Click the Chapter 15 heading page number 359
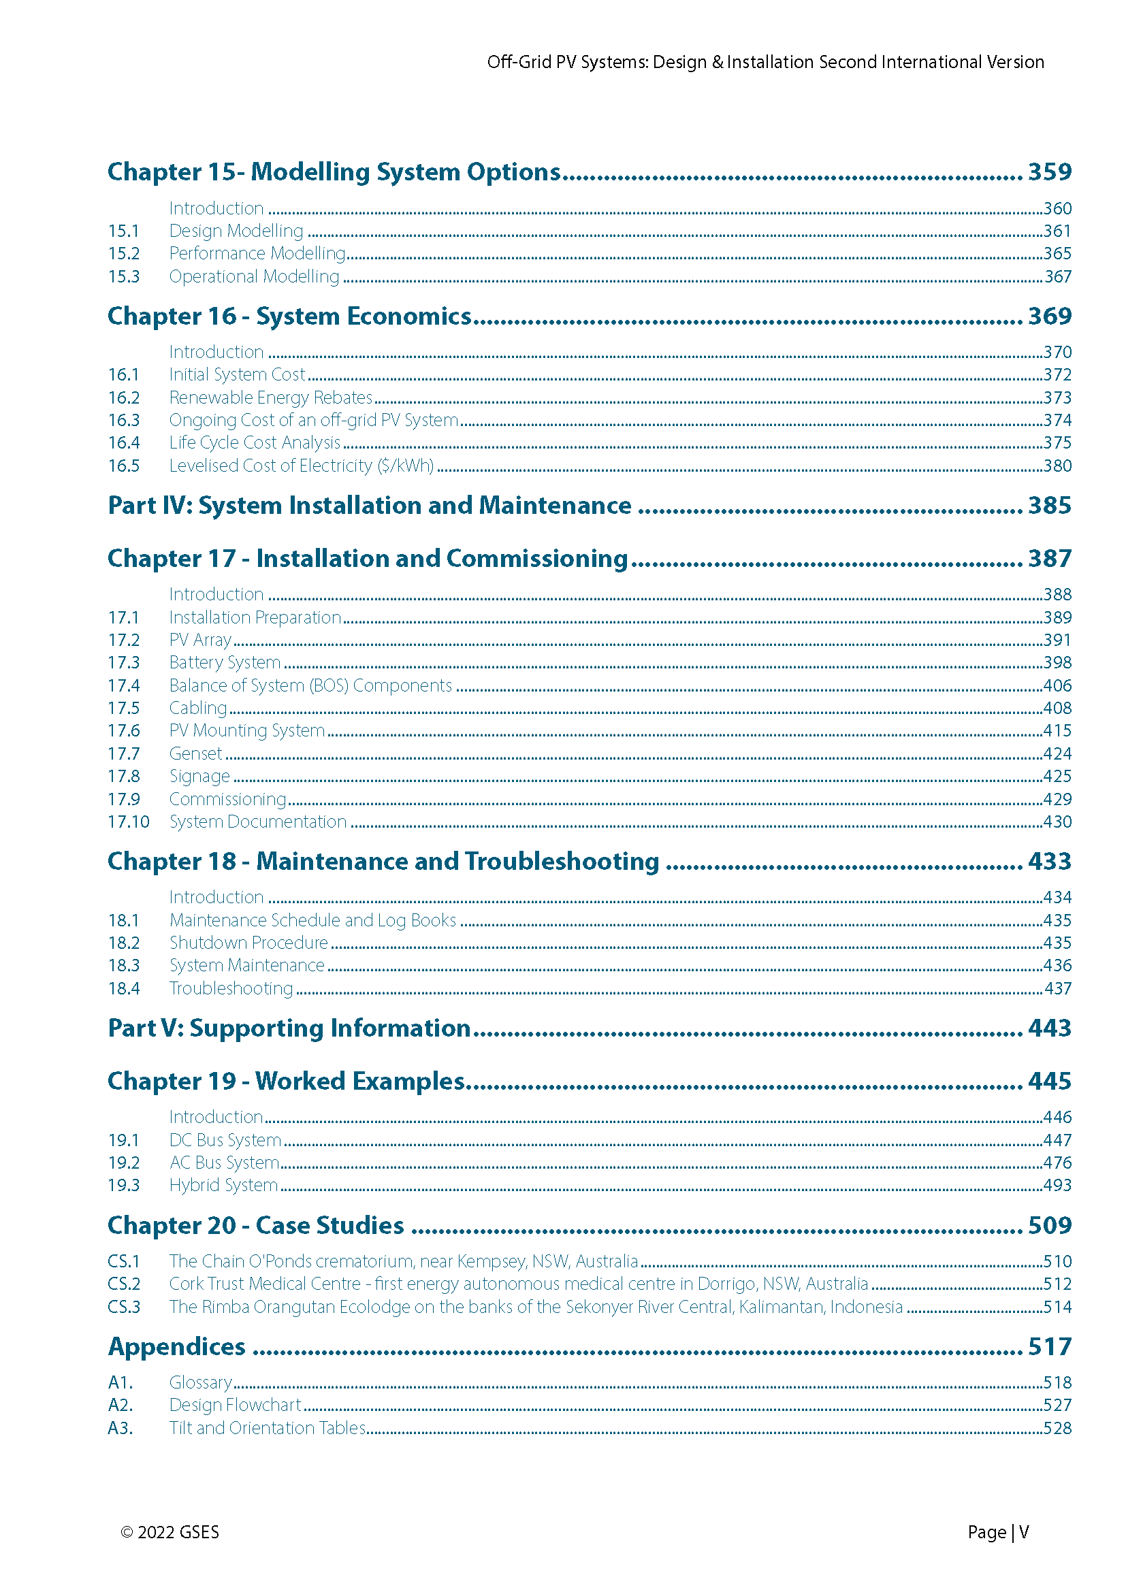click(x=1049, y=172)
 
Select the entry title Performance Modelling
click(x=257, y=254)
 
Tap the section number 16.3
click(x=123, y=420)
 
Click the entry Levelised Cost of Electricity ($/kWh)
click(x=302, y=466)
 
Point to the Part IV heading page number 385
click(x=1049, y=506)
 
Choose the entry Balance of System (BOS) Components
click(x=310, y=686)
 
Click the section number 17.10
click(x=128, y=822)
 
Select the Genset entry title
click(x=195, y=753)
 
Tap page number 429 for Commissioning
click(x=1057, y=800)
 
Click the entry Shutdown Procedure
click(x=248, y=943)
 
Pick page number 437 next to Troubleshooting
click(x=1057, y=989)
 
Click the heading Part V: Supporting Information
click(x=289, y=1028)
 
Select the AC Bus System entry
click(x=224, y=1163)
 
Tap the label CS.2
click(x=123, y=1284)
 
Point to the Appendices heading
click(x=176, y=1346)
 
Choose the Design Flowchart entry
click(x=235, y=1406)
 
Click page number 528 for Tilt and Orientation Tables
click(x=1057, y=1429)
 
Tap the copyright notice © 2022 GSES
click(x=170, y=1532)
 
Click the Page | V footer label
click(x=998, y=1532)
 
